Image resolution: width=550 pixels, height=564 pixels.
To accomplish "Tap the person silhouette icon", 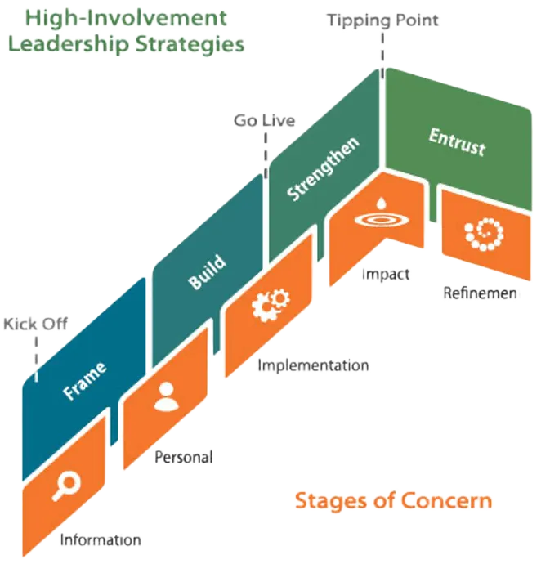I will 164,396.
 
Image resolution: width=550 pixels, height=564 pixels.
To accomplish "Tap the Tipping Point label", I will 382,20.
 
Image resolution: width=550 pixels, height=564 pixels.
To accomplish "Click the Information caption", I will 101,539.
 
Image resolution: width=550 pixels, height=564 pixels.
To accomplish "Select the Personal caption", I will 184,457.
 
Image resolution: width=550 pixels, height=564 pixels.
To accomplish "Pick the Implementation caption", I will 313,365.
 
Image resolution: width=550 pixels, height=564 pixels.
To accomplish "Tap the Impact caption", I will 385,274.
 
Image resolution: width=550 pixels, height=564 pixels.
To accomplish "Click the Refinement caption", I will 481,293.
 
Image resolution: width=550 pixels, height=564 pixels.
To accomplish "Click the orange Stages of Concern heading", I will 393,499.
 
